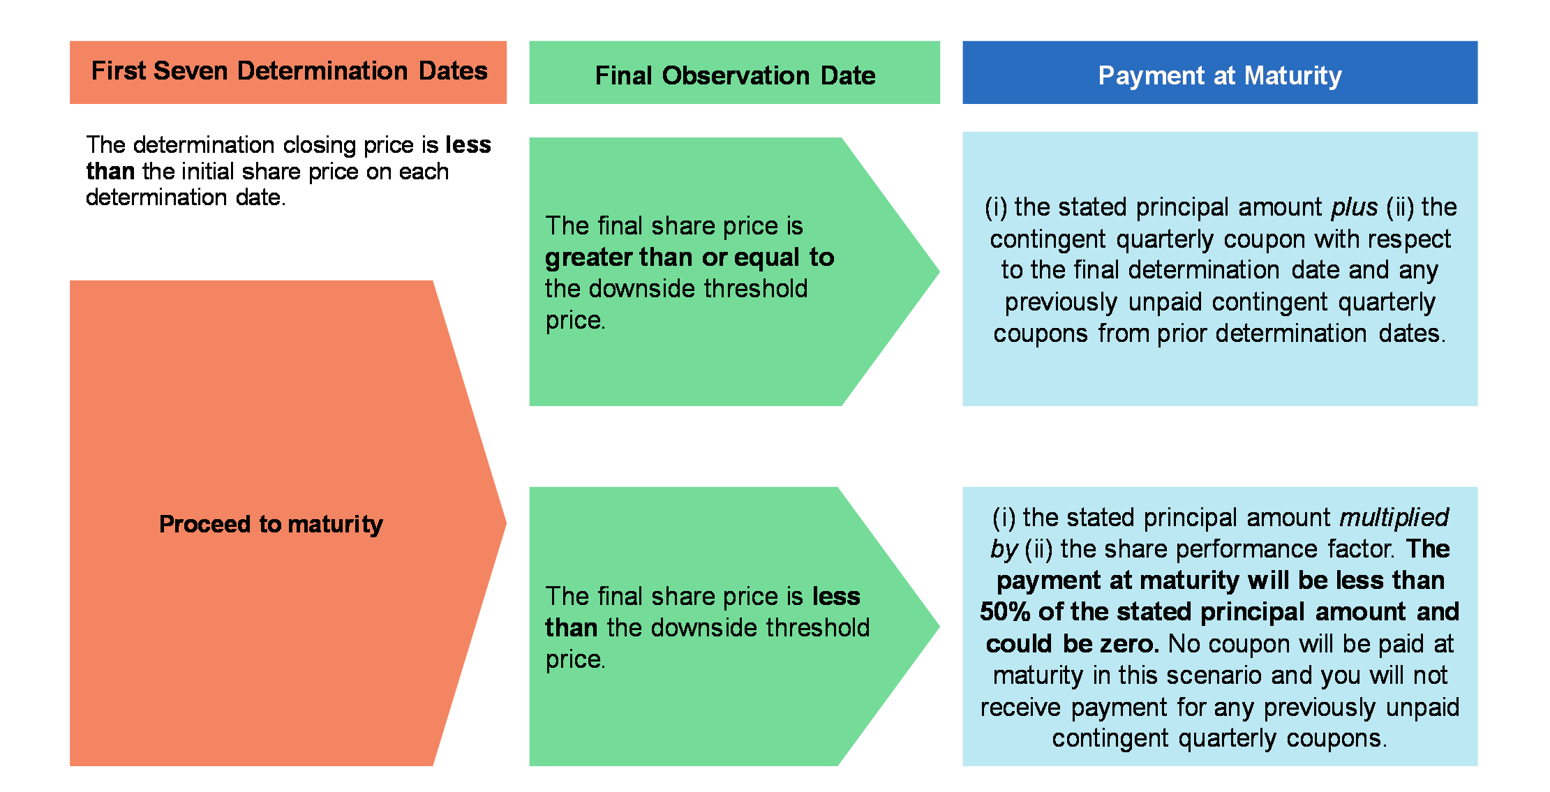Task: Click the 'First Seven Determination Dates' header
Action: tap(289, 71)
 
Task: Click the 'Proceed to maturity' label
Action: tap(271, 524)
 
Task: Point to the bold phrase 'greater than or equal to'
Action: tap(690, 257)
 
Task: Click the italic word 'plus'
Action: tap(1355, 207)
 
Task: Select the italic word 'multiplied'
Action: tap(1394, 517)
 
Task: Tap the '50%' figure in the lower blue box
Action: tap(1005, 612)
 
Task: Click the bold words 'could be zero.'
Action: tap(1073, 643)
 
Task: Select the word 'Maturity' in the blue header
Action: tap(1293, 75)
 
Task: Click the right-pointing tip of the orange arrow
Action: tap(506, 523)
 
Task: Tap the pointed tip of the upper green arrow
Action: tap(939, 271)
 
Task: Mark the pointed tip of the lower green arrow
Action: tap(939, 626)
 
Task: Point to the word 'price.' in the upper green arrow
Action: tap(576, 320)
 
